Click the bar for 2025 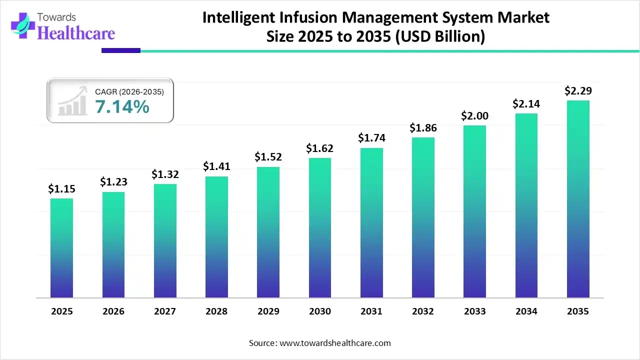[x=61, y=248]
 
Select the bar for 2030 [x=319, y=228]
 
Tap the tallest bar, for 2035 [x=578, y=199]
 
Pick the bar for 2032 [x=423, y=217]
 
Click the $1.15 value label [x=61, y=188]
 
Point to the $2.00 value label [x=474, y=115]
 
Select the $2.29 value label [x=577, y=91]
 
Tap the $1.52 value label [x=268, y=157]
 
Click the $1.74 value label [x=371, y=138]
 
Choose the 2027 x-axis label [x=164, y=311]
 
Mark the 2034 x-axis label [x=526, y=311]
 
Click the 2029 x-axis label [x=268, y=311]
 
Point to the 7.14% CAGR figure [x=122, y=106]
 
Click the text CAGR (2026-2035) [x=129, y=91]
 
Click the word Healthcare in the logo [x=76, y=33]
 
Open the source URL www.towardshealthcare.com [x=333, y=343]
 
